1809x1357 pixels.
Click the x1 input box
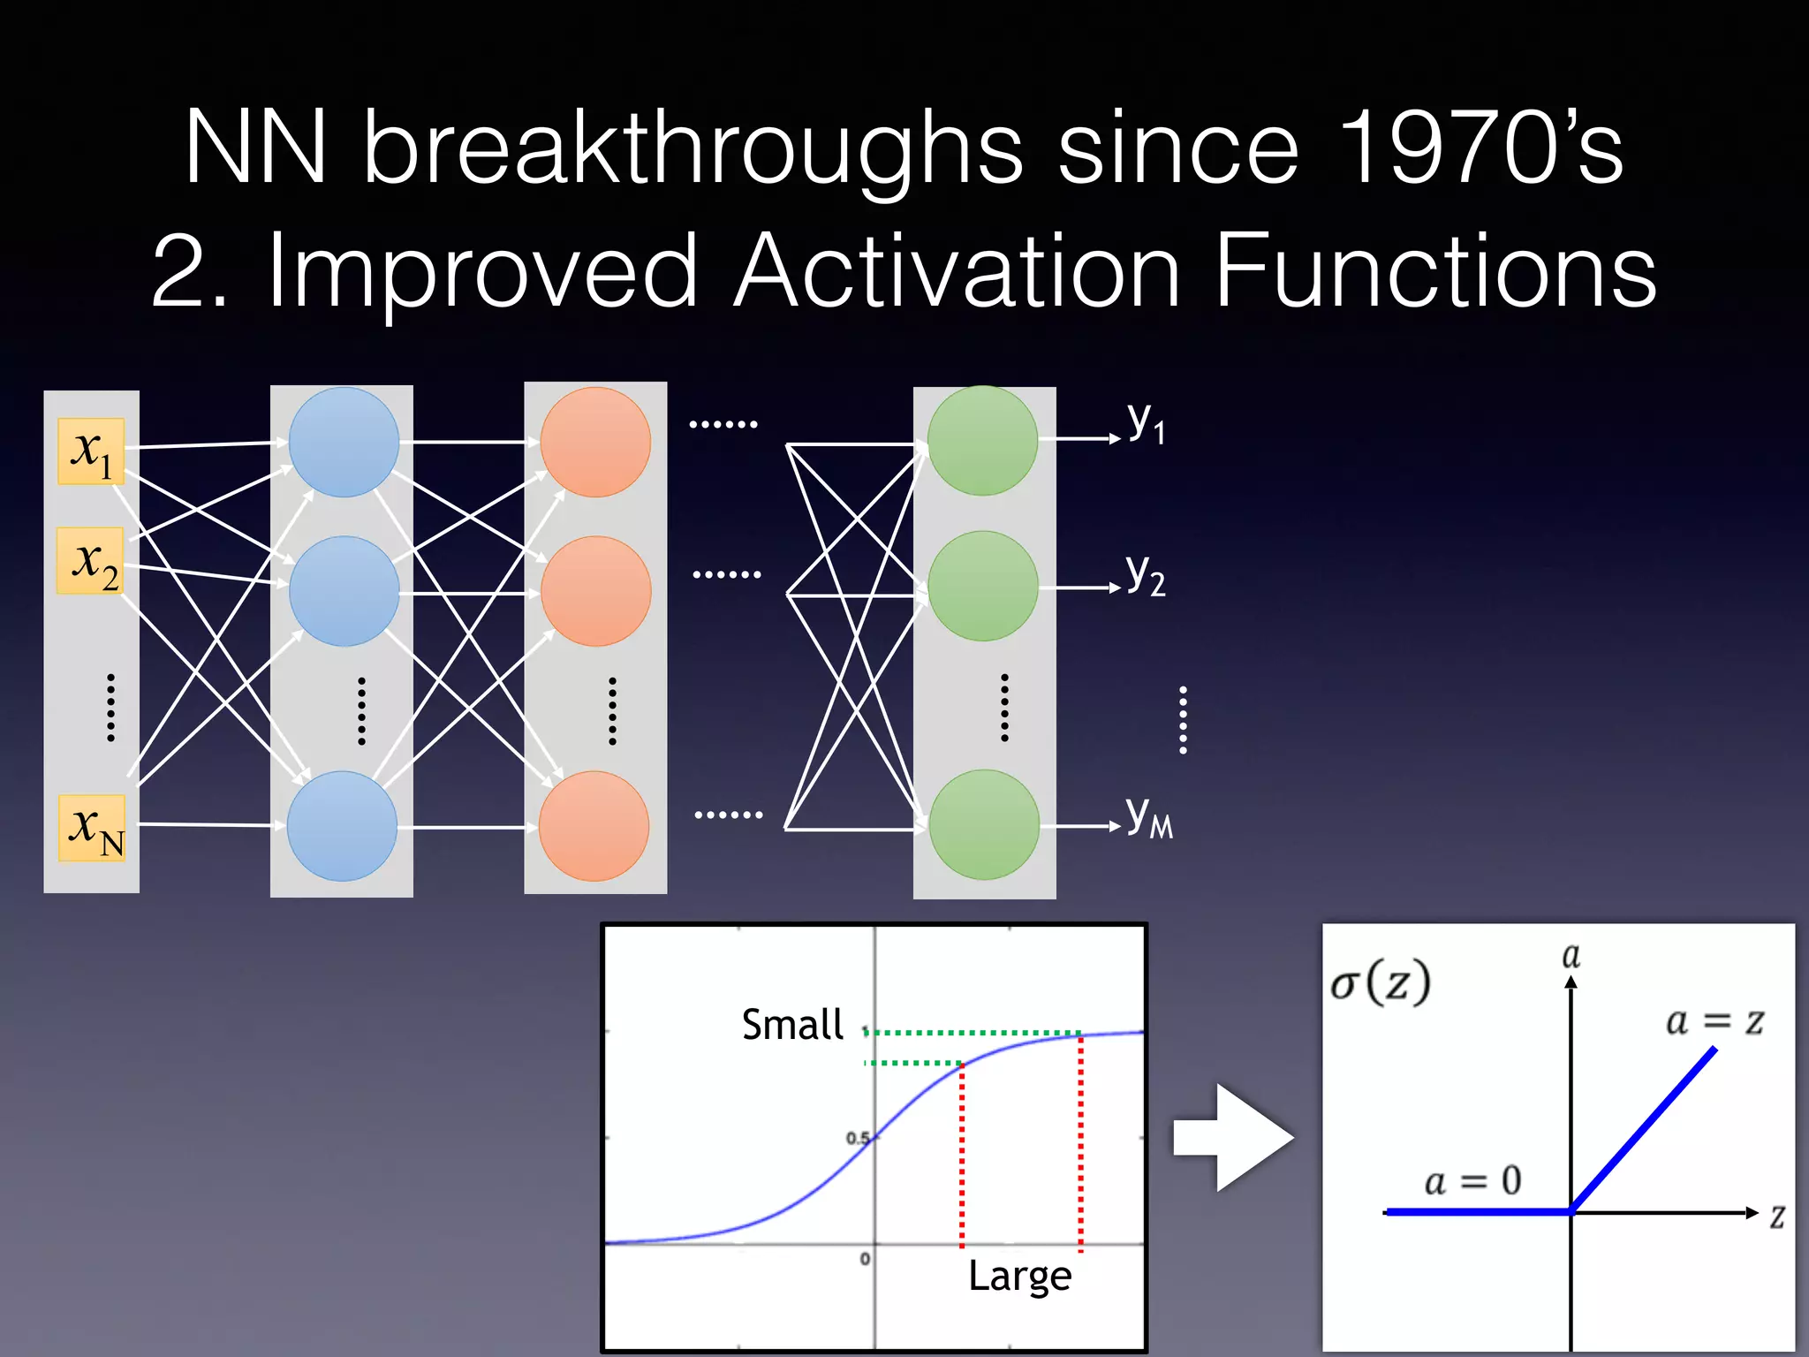(91, 451)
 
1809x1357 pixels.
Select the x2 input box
(91, 560)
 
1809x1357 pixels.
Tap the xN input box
(92, 828)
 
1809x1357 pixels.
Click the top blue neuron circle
(344, 442)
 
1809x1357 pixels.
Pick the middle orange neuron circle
(596, 590)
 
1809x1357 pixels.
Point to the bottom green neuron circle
(984, 824)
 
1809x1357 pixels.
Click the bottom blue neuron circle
(343, 826)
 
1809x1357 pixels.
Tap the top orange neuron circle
(595, 442)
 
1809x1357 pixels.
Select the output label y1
(1146, 422)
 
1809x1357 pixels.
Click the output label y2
(1146, 574)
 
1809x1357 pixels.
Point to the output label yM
(1149, 816)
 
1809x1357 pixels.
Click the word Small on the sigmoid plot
(792, 1025)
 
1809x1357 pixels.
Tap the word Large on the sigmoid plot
(1019, 1276)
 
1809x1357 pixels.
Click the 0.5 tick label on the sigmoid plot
(857, 1138)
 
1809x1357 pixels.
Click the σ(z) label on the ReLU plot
(1381, 982)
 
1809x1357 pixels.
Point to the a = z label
(1714, 1021)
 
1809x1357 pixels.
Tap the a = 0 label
(1472, 1180)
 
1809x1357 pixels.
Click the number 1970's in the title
(1480, 148)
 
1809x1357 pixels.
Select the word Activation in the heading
(957, 270)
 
